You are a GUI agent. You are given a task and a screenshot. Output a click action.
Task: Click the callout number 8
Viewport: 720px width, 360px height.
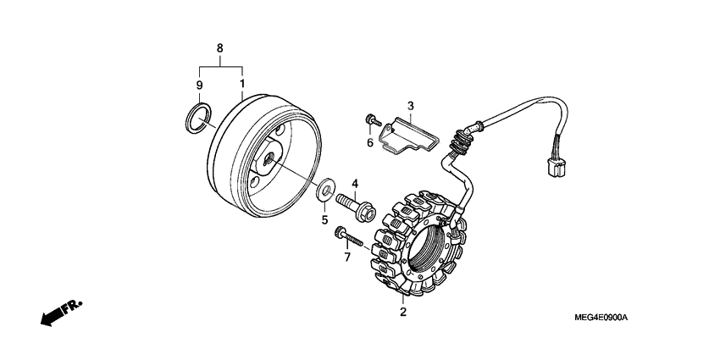coord(220,48)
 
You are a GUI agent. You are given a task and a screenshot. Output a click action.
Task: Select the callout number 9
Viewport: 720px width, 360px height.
coord(200,85)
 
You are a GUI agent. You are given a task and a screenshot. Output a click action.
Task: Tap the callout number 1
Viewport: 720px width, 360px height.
coord(242,85)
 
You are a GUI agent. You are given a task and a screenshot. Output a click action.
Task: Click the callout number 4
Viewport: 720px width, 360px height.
coord(356,183)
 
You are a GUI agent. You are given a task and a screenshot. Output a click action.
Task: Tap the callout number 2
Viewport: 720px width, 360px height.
coord(403,312)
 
